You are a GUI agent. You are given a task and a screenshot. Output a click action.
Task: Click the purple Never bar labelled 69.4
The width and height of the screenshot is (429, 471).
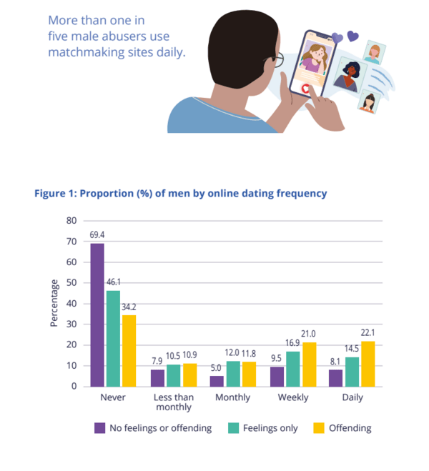97,314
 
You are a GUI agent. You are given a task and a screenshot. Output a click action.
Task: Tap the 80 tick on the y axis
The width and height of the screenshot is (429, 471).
71,220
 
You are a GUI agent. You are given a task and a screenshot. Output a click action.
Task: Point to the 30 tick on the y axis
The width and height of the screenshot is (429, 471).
71,324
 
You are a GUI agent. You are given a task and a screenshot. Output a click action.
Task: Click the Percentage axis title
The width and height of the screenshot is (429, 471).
54,303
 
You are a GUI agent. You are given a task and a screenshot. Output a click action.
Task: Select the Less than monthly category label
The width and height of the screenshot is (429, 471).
173,402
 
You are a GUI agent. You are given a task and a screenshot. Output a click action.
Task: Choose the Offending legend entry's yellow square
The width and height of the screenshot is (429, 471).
320,428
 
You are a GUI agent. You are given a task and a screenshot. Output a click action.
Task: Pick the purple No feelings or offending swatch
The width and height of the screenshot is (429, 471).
100,428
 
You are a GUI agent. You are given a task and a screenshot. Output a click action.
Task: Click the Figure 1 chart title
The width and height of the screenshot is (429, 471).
181,193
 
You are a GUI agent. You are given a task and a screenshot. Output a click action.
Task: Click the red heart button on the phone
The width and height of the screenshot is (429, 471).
305,89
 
